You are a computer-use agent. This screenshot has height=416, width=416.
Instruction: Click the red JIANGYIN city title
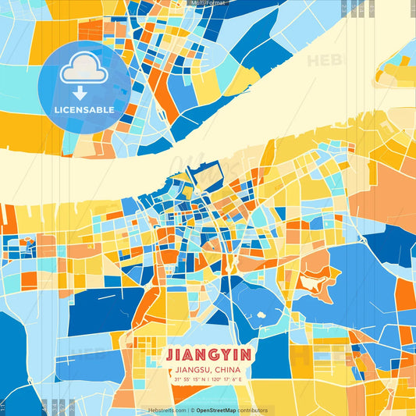[x=208, y=354]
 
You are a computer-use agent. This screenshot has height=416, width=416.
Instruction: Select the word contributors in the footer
[x=253, y=410]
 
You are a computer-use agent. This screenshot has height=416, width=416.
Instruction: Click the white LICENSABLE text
[x=85, y=109]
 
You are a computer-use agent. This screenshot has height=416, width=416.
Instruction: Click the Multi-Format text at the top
[x=208, y=3]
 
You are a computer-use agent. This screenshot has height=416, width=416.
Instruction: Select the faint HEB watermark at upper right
[x=322, y=60]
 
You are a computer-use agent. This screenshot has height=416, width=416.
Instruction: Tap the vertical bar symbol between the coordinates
[x=208, y=379]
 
